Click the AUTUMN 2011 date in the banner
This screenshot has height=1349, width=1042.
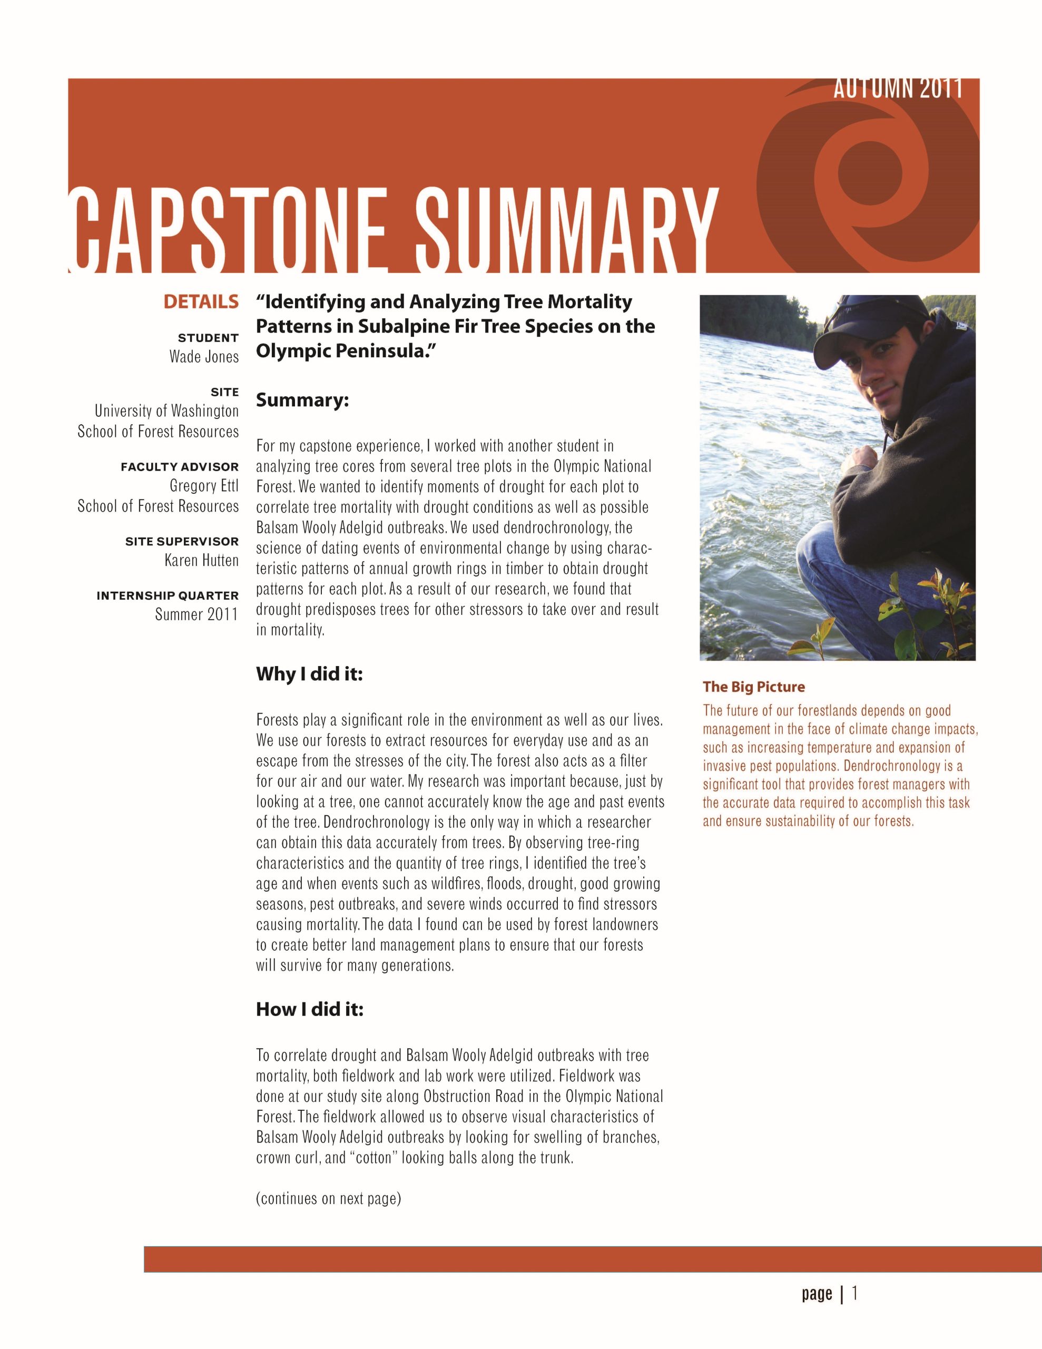pyautogui.click(x=898, y=89)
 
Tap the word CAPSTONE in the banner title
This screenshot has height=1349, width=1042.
pyautogui.click(x=229, y=230)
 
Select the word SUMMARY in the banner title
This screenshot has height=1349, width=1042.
pyautogui.click(x=565, y=230)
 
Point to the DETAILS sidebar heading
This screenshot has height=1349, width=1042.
pyautogui.click(x=201, y=302)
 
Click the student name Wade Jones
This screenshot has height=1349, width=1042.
pyautogui.click(x=204, y=357)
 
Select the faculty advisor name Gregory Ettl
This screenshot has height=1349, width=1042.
pyautogui.click(x=204, y=486)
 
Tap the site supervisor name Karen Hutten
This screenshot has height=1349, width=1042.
pyautogui.click(x=201, y=560)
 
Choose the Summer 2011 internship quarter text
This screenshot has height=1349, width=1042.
pyautogui.click(x=196, y=614)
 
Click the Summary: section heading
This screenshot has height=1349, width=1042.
pyautogui.click(x=303, y=400)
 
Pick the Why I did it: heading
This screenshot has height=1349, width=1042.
pyautogui.click(x=309, y=674)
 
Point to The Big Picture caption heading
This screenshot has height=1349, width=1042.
pyautogui.click(x=753, y=687)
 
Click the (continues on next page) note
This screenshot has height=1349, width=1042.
pyautogui.click(x=329, y=1199)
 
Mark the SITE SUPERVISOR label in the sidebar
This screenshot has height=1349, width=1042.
pyautogui.click(x=182, y=542)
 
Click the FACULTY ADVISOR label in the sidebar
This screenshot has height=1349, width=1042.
pyautogui.click(x=180, y=467)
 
